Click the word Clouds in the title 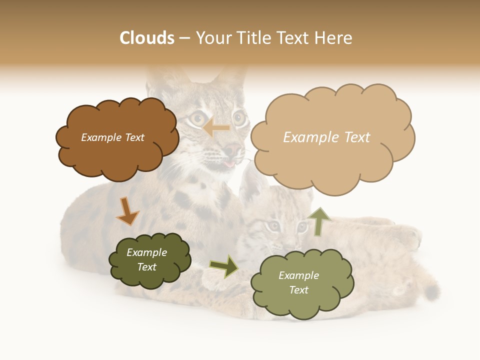click(x=147, y=38)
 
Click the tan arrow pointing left click(x=216, y=128)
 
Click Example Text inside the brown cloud click(x=112, y=137)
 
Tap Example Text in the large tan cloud click(x=326, y=137)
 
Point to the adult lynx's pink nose click(x=232, y=148)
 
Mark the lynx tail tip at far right click(x=434, y=291)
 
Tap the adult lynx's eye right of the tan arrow click(x=239, y=119)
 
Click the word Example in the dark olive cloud click(x=146, y=252)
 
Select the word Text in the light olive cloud click(x=298, y=290)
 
